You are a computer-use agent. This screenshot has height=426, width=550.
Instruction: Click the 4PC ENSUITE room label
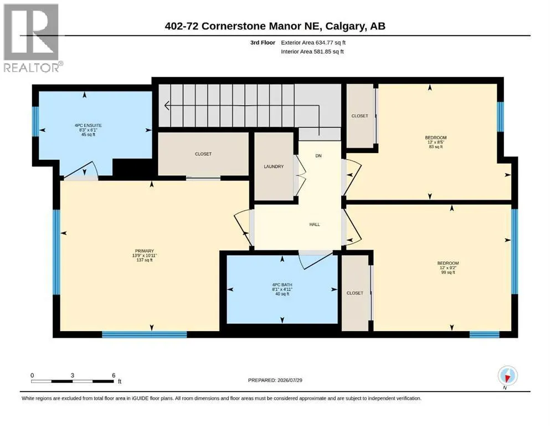coord(88,125)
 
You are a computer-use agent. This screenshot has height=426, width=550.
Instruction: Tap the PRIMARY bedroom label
coord(145,251)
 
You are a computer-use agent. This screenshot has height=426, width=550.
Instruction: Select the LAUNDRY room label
coord(274,166)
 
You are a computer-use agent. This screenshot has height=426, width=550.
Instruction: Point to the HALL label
coord(315,225)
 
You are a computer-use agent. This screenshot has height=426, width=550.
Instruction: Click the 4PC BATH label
coord(282,285)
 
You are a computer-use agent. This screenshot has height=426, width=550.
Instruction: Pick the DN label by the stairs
coord(318,155)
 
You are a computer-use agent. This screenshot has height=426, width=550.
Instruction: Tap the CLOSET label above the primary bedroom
coord(203,154)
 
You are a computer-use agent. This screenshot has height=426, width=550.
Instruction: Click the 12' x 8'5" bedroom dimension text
coord(436,142)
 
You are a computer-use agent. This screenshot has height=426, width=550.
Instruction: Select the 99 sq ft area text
coord(448,272)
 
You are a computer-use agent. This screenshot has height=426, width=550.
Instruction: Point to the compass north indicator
coord(507,377)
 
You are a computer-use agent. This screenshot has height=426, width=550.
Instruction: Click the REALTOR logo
coord(32,38)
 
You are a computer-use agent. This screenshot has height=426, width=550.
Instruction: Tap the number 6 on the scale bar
coord(114,375)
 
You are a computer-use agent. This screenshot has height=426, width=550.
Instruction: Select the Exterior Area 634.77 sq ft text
coord(313,43)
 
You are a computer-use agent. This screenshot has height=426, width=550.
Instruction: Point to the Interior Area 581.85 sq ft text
coord(312,51)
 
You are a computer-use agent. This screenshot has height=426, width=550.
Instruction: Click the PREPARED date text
coord(275,380)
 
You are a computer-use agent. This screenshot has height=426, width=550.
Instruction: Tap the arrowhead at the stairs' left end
coord(167,105)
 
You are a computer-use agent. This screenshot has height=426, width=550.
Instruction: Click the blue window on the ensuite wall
coord(35,121)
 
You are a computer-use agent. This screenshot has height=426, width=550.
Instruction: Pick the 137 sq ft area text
coord(145,260)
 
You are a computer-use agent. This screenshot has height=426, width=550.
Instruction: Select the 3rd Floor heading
coord(263,43)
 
